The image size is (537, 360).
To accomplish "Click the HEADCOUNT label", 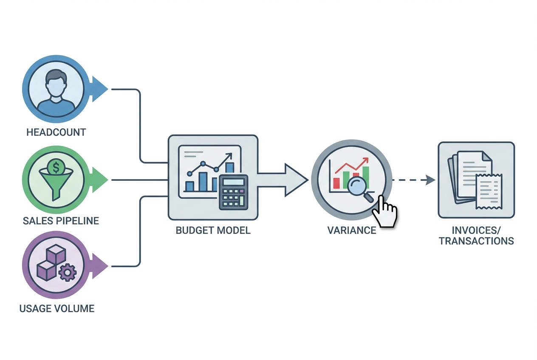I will pyautogui.click(x=56, y=132).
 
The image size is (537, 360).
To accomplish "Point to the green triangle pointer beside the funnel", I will pyautogui.click(x=99, y=180).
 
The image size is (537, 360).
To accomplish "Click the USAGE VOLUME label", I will pyautogui.click(x=57, y=308).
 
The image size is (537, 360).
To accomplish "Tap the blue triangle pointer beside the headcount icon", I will pyautogui.click(x=99, y=90).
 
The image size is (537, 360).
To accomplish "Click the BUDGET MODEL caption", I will pyautogui.click(x=213, y=231).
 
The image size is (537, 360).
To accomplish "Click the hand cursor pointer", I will pyautogui.click(x=385, y=211).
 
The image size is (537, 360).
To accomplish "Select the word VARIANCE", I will pyautogui.click(x=351, y=231).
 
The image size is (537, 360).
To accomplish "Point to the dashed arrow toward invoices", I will pyautogui.click(x=413, y=180).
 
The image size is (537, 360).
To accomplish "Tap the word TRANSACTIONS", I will pyautogui.click(x=476, y=241).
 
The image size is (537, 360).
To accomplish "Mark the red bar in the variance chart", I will pyautogui.click(x=337, y=183).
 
